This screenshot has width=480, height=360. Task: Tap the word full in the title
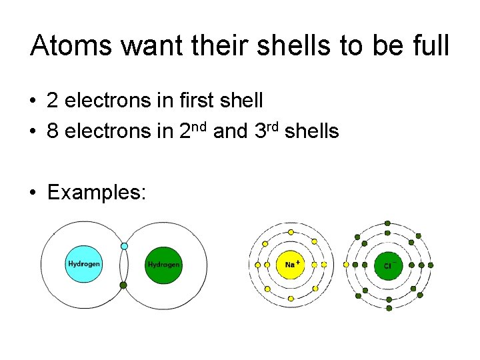pos(429,46)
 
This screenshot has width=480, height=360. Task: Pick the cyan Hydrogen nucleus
pos(84,264)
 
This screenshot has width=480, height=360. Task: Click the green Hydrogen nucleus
pos(164,264)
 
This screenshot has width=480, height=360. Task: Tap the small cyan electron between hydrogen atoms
pos(124,247)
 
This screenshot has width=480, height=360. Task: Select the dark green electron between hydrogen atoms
pos(123,285)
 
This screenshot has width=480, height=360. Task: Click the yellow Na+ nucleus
pos(291,265)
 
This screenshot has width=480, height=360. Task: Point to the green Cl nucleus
pos(387,265)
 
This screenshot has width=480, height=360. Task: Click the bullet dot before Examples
pos(32,193)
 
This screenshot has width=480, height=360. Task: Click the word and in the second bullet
pos(231,131)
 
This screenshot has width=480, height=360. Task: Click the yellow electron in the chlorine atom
pos(345,265)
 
